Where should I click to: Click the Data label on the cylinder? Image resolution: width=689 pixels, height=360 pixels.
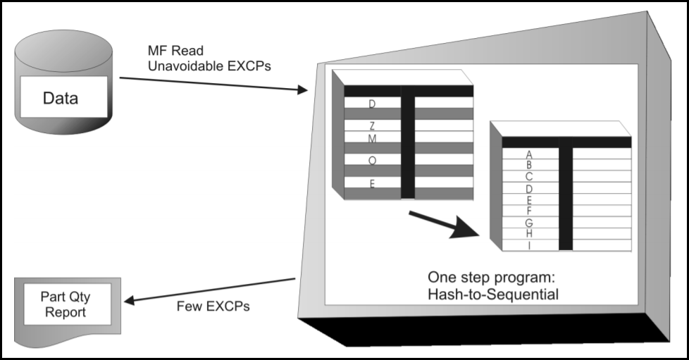pos(60,98)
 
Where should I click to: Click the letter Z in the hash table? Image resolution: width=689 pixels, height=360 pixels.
pos(372,126)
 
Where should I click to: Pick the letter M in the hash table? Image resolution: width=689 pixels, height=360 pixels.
pos(372,139)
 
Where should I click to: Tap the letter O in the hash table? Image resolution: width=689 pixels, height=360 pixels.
pos(372,161)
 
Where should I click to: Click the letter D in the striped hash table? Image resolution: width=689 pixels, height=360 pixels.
pos(372,104)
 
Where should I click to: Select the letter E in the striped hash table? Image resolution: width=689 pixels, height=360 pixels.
pos(372,183)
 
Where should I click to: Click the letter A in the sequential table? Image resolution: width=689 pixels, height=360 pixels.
pos(529,154)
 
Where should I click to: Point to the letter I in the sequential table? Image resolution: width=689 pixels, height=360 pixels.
pos(529,244)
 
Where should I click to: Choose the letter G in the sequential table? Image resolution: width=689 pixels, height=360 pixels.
pos(529,223)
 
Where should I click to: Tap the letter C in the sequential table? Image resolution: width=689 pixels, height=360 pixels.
pos(529,177)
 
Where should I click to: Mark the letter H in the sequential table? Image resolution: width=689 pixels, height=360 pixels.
pos(529,233)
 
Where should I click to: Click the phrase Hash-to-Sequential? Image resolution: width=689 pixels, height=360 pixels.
pos(492,294)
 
